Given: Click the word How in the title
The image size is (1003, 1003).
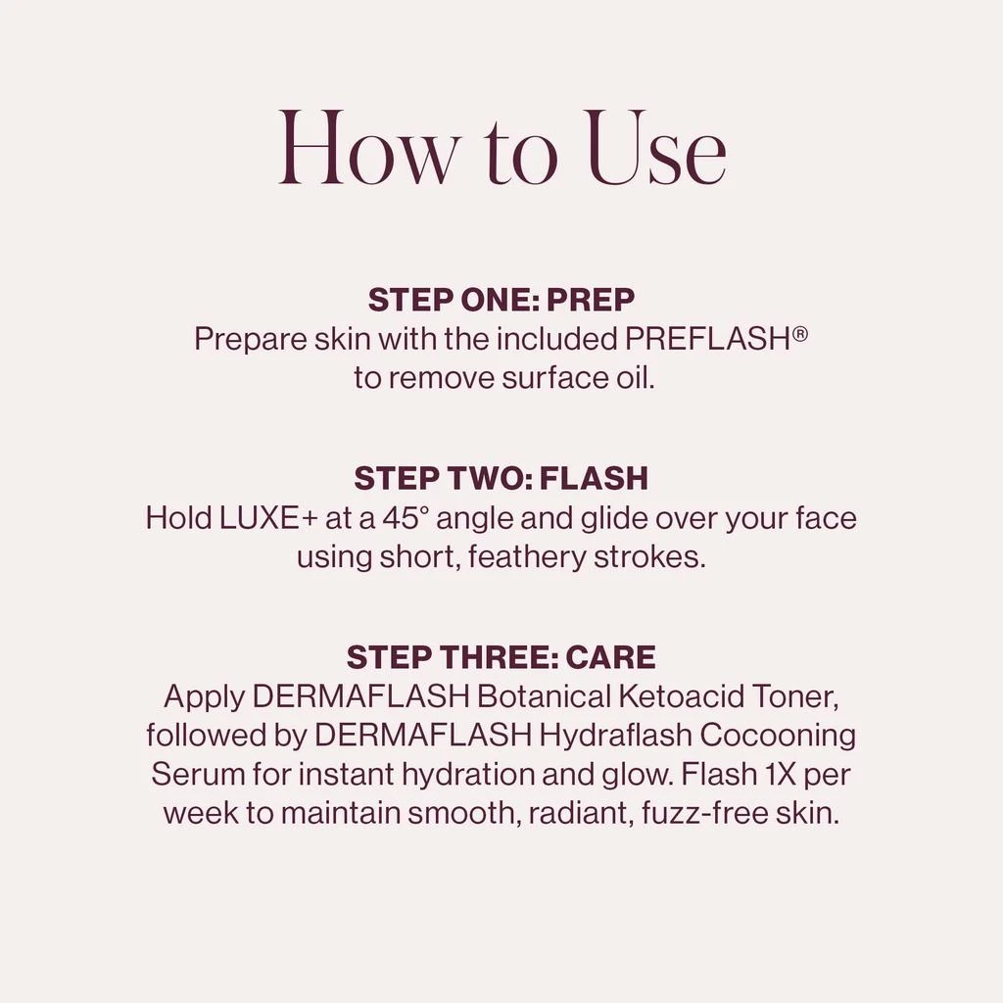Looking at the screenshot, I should pyautogui.click(x=368, y=149).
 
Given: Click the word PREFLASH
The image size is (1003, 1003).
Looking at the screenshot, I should pyautogui.click(x=707, y=339).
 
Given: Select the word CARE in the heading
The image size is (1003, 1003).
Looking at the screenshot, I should pyautogui.click(x=610, y=657).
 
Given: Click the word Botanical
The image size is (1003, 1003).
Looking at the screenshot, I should pyautogui.click(x=544, y=696).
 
